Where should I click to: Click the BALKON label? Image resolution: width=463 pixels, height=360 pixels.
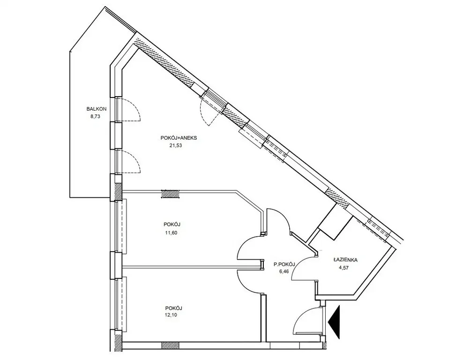(96, 109)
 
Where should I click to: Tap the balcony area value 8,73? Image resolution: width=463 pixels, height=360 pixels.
(96, 116)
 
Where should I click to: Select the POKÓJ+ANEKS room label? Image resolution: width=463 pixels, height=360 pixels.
(179, 138)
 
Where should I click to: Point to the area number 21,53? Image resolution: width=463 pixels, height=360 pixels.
(176, 145)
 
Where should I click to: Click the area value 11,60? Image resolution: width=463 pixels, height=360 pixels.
(171, 232)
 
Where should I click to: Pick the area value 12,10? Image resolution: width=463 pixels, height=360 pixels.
(171, 315)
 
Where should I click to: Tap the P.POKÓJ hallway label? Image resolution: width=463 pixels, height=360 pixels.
(284, 264)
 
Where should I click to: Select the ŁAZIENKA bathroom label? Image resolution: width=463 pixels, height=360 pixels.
(345, 260)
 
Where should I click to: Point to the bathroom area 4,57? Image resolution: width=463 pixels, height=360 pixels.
(344, 268)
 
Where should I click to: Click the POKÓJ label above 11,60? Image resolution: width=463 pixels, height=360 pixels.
(172, 225)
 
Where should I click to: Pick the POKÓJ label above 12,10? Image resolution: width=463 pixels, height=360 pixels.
(173, 308)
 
